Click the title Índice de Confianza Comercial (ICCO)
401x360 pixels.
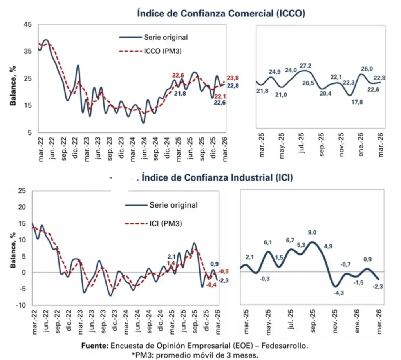(x=221, y=13)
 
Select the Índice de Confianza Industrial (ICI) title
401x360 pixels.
(x=217, y=177)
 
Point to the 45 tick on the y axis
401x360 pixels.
(x=27, y=24)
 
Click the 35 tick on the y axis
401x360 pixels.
(x=27, y=51)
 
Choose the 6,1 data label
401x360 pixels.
(x=268, y=243)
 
